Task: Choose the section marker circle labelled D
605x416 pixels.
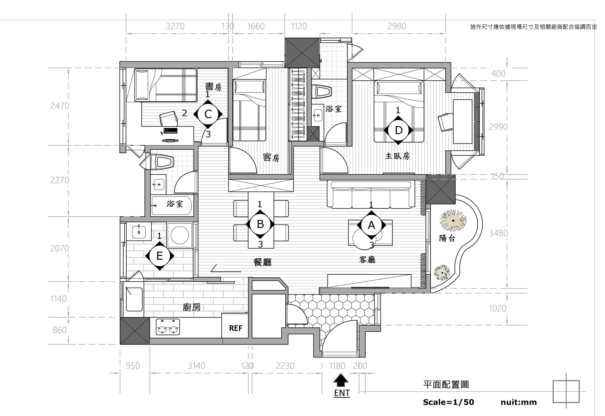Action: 398,130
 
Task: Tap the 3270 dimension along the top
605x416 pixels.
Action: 175,26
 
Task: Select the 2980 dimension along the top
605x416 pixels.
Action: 397,26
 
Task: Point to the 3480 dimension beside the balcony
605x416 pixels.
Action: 498,233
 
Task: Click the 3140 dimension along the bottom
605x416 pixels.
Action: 197,366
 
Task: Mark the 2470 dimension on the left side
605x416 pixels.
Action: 60,106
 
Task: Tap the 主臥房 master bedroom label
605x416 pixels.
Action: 397,156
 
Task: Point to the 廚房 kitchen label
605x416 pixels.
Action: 192,308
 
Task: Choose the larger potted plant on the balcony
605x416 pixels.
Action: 453,221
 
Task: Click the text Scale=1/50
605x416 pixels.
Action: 449,402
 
